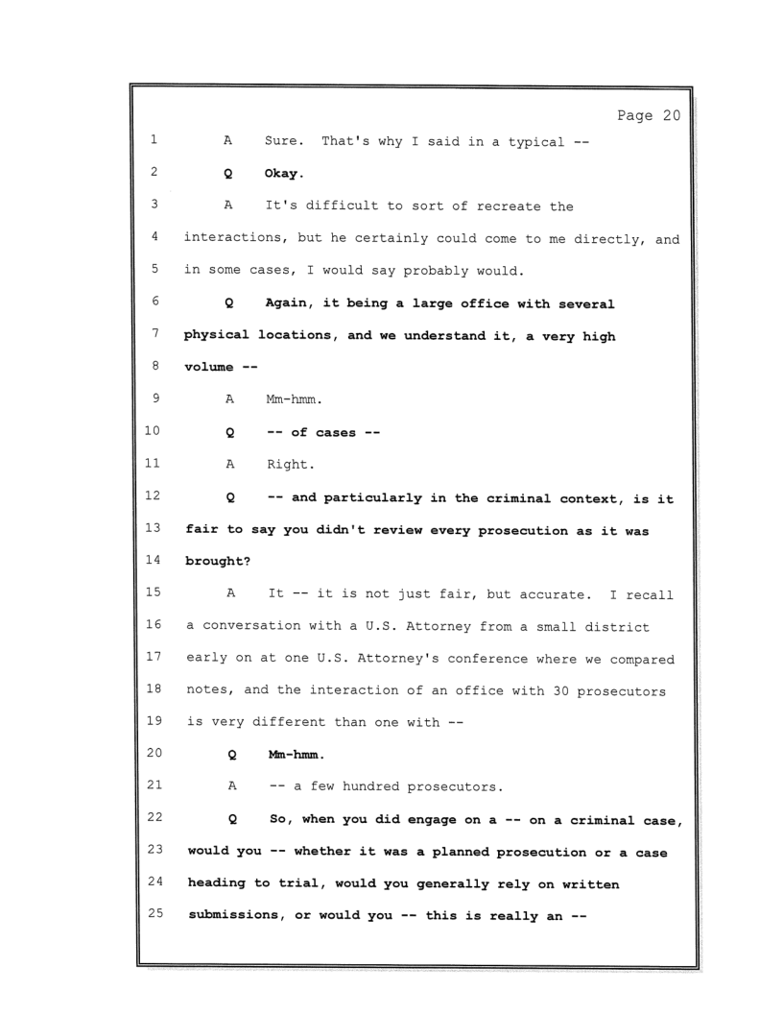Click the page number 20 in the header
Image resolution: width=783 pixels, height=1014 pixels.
coord(670,116)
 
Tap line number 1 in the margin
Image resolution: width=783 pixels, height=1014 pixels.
coord(154,140)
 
